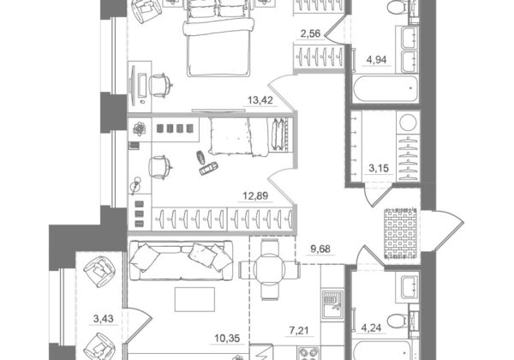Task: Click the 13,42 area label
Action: tap(260, 100)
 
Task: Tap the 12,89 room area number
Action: tap(255, 195)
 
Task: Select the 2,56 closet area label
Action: tap(310, 33)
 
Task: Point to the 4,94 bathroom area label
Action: tap(376, 60)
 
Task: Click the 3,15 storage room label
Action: tap(379, 169)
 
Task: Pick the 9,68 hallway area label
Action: tap(320, 249)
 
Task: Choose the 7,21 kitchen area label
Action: tap(299, 331)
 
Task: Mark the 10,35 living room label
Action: tap(228, 338)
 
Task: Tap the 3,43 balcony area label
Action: tap(104, 318)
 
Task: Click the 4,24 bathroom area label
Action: tap(372, 328)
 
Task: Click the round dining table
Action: tap(270, 270)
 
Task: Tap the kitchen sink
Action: tap(332, 304)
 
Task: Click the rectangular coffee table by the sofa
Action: tap(194, 299)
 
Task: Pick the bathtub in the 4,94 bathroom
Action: tap(385, 89)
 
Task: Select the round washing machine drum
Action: tap(408, 123)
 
